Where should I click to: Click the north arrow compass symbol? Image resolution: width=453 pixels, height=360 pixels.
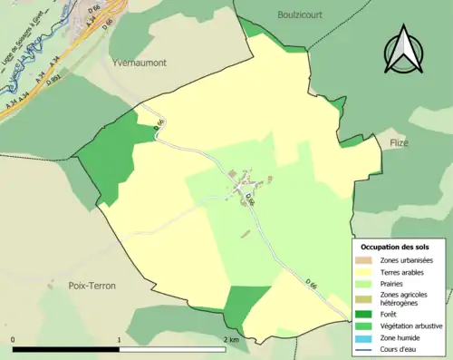[x=405, y=49]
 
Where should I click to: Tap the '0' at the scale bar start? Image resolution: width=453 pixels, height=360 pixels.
[x=14, y=339]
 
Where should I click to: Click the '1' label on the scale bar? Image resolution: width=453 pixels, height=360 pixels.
[x=120, y=339]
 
